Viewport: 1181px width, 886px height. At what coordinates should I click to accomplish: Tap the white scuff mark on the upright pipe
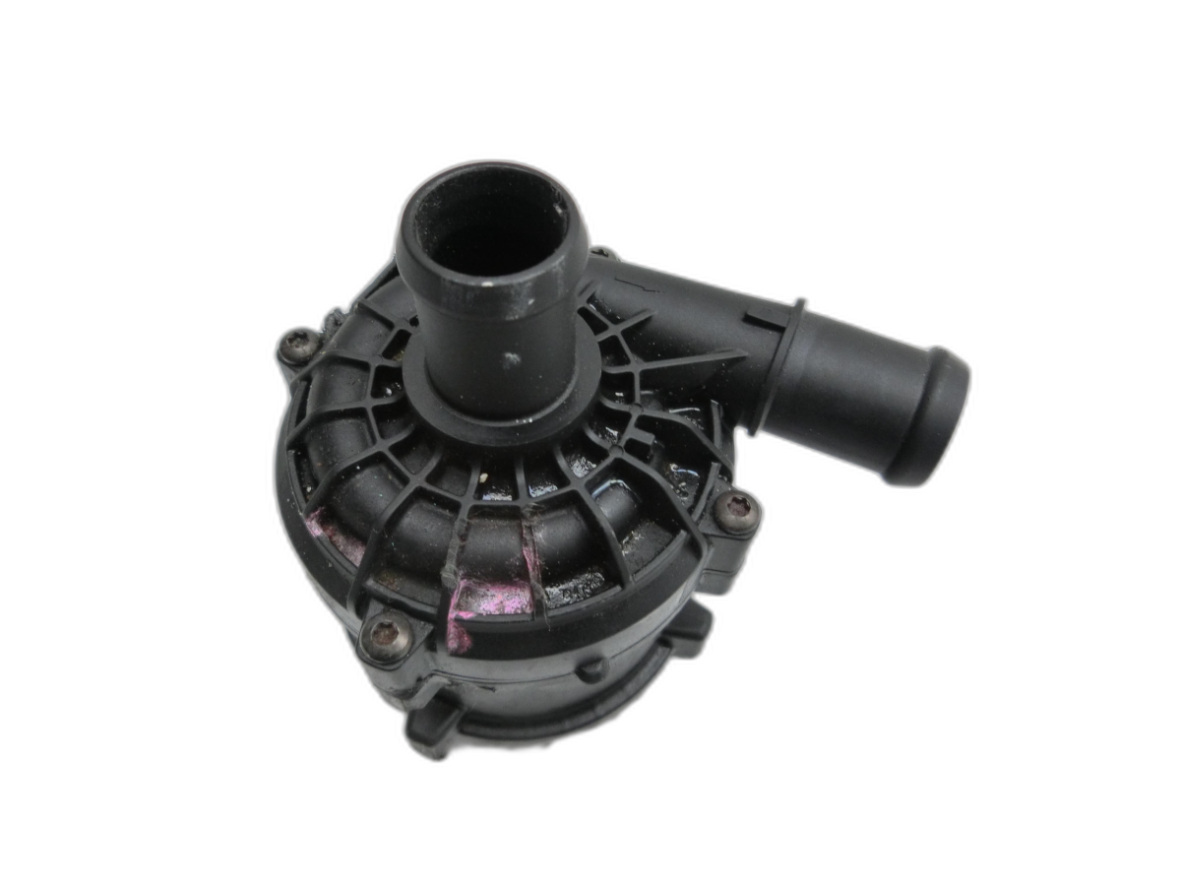[509, 360]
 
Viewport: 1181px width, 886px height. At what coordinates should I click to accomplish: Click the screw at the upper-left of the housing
[297, 345]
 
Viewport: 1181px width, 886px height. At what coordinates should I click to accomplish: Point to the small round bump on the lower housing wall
[590, 671]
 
